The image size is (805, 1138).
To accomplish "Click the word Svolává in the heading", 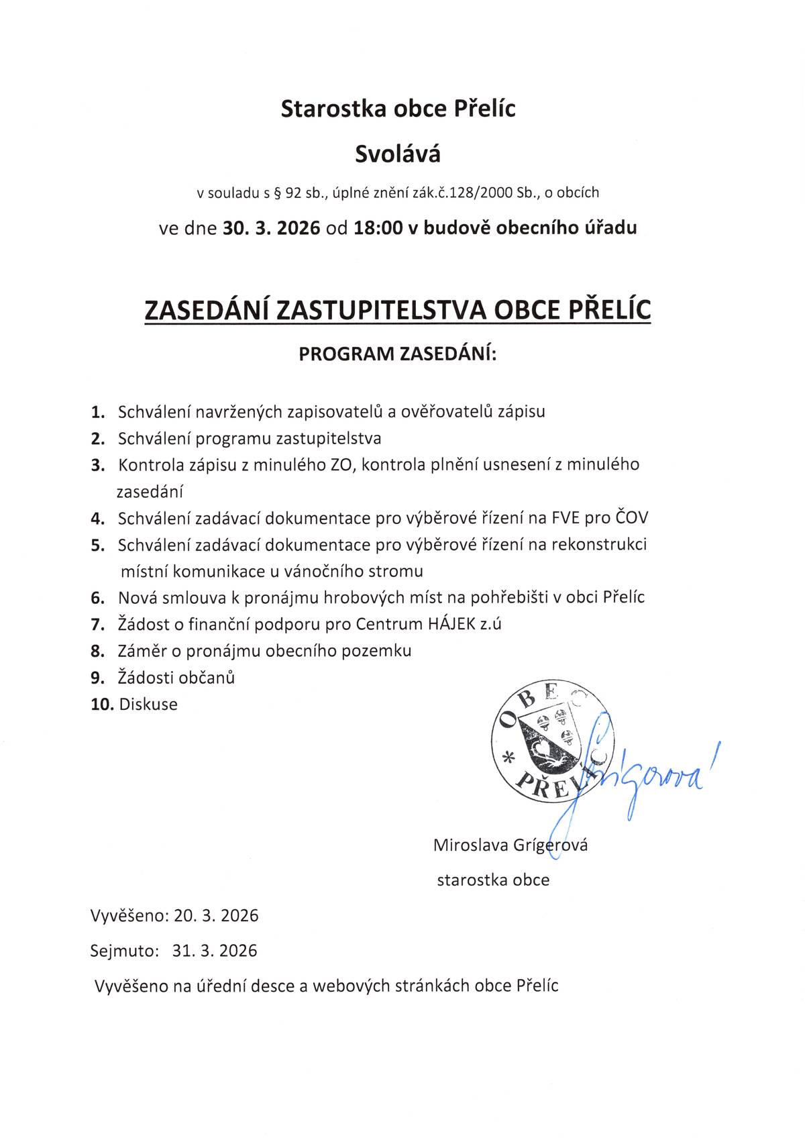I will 398,154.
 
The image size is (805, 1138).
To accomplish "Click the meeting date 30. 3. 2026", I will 271,228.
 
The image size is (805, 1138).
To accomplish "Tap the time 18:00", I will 378,228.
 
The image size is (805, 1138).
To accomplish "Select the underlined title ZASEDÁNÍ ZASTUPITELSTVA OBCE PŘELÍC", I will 398,310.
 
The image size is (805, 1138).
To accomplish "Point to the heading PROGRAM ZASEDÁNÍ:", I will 398,354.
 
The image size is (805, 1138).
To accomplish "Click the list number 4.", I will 98,519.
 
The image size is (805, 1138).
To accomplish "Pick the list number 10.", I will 102,705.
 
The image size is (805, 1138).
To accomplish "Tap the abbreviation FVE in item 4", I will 566,518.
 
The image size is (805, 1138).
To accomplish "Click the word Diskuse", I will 148,705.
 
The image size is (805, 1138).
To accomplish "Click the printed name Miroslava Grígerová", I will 511,845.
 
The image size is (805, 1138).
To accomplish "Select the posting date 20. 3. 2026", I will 216,916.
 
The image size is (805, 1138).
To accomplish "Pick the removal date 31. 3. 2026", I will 215,951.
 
